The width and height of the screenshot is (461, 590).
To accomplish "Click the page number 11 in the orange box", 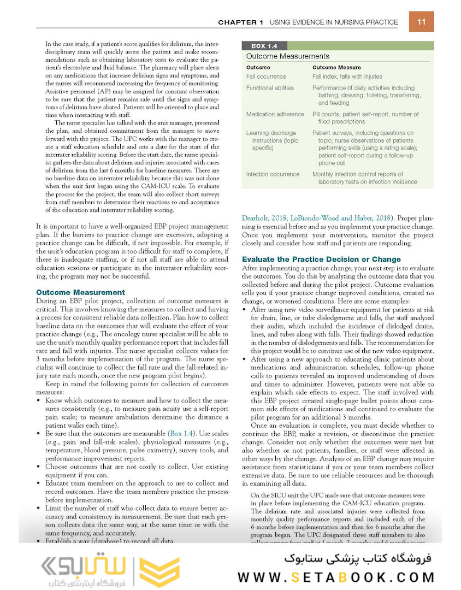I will click(421, 22).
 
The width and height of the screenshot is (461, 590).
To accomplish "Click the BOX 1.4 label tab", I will click(264, 46).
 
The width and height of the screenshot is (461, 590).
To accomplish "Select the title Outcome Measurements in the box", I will click(287, 56).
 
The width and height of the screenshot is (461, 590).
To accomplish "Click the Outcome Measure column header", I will click(336, 68).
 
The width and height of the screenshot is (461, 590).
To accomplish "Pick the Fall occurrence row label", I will click(266, 77).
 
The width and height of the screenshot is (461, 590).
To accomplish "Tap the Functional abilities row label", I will click(270, 88).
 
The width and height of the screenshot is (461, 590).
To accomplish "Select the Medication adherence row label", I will click(275, 114).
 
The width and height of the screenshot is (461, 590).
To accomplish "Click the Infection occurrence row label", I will click(273, 174).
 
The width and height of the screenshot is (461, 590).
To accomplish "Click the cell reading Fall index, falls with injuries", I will click(347, 77).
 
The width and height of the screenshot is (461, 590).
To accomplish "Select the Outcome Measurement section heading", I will click(80, 293).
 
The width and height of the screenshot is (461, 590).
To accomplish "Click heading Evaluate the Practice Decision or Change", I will click(321, 259).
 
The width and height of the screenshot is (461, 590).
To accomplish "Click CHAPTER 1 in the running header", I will click(240, 22).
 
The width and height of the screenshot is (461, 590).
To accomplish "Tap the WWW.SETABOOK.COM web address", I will click(336, 577).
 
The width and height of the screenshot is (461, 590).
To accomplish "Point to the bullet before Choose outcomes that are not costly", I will click(38, 467).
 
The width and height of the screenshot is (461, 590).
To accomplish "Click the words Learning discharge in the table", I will click(271, 133).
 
